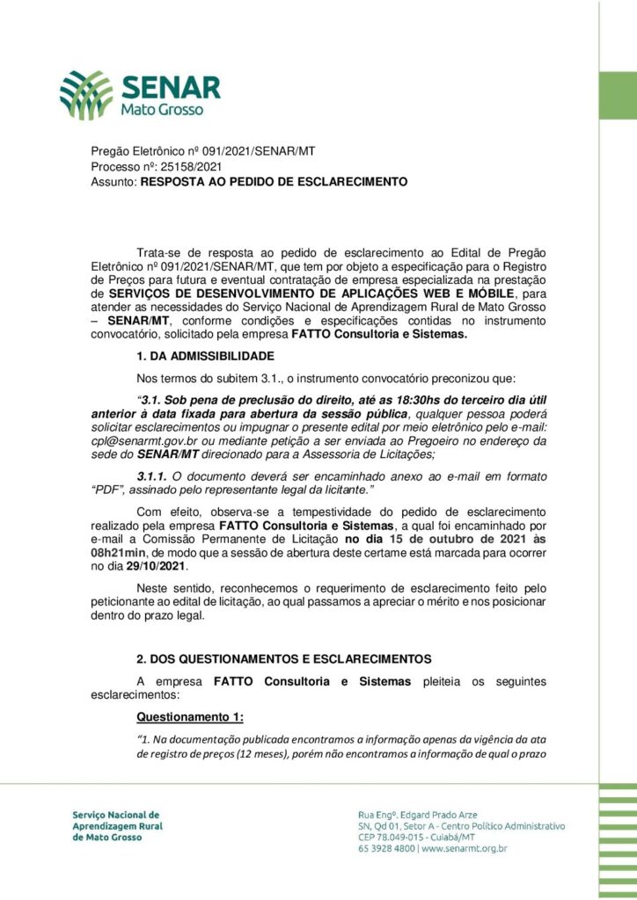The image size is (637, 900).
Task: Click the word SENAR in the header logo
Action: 172,87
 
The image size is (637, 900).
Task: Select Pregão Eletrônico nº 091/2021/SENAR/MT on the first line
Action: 203,150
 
